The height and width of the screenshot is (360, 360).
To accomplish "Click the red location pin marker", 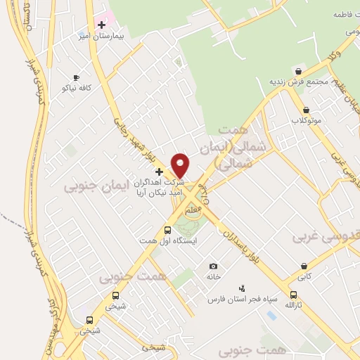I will (181, 165).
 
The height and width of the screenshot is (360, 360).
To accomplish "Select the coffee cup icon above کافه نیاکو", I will (76, 78).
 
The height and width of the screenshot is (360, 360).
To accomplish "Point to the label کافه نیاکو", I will (76, 89).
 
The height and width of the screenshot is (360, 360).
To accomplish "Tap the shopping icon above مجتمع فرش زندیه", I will (299, 71).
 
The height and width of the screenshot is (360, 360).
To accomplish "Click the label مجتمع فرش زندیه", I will (300, 82).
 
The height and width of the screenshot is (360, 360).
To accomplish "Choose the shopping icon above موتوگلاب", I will (307, 110).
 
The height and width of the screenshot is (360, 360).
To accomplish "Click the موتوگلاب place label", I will (307, 121).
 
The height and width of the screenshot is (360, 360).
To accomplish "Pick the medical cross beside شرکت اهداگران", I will (159, 171).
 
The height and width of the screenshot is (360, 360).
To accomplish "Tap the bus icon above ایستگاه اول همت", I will (167, 230).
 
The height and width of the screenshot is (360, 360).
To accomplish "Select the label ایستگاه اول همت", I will (167, 241).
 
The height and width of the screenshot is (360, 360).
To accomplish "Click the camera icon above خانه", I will (213, 266).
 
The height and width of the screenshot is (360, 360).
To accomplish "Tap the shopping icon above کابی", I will (304, 266).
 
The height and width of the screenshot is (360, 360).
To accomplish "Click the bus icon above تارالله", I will (293, 295).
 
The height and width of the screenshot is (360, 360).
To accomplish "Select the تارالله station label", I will (293, 306).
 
